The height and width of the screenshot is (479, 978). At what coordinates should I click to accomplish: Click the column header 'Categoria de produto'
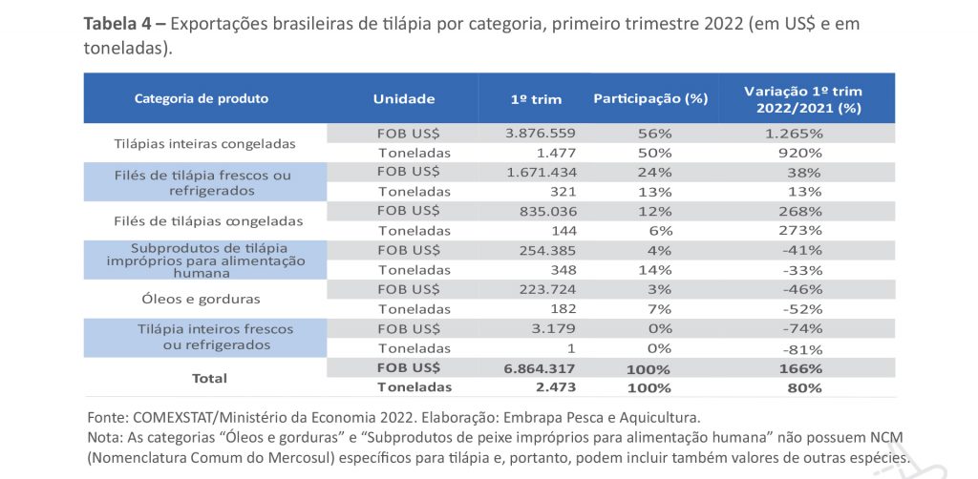click(202, 98)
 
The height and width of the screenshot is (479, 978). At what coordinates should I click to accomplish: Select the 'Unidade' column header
click(404, 98)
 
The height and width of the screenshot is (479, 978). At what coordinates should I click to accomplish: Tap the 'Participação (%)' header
click(650, 98)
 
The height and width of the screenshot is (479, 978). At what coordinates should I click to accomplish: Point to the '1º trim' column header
click(536, 99)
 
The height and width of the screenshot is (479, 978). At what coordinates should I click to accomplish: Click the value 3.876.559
click(541, 132)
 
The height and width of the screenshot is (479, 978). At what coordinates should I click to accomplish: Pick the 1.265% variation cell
click(794, 132)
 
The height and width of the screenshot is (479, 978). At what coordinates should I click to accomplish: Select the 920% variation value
click(799, 152)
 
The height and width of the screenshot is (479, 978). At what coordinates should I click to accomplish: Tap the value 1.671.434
click(542, 172)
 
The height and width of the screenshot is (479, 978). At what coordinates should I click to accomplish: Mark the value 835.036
click(546, 211)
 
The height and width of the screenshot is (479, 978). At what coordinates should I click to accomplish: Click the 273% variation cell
click(799, 230)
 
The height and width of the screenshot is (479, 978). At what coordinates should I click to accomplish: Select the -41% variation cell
click(800, 251)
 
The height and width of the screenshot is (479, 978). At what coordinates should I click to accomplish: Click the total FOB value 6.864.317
click(541, 368)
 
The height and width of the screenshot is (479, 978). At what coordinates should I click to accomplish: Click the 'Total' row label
click(209, 378)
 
